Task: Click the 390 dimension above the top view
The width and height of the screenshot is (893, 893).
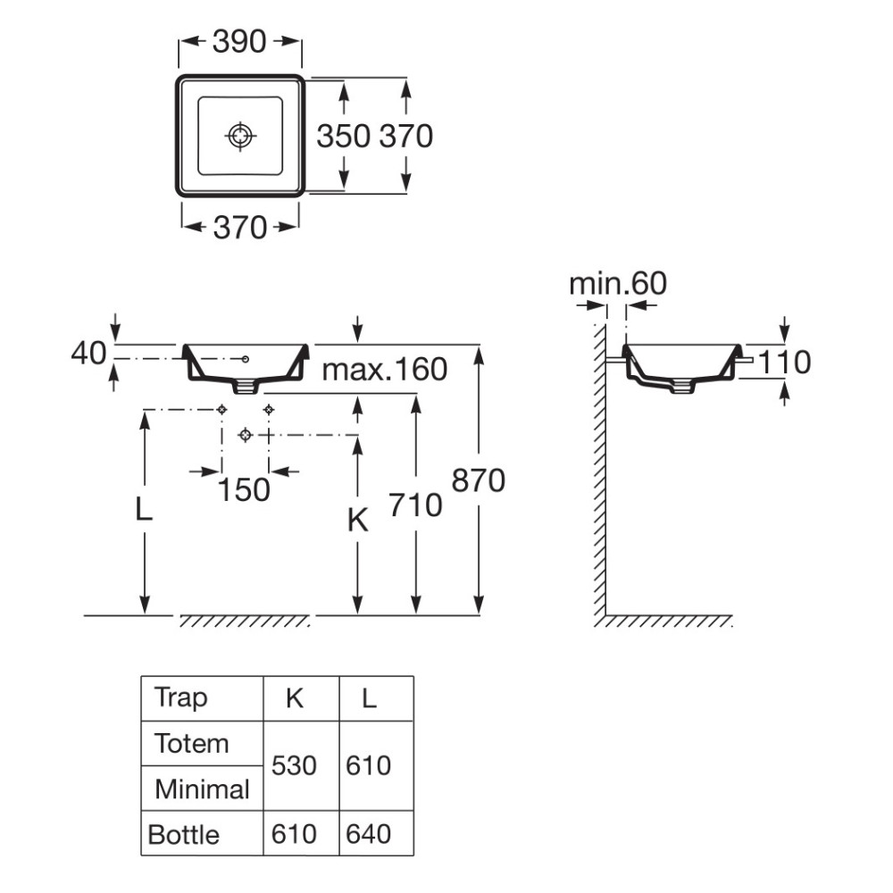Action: [x=239, y=42]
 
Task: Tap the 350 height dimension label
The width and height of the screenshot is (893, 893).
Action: [x=344, y=137]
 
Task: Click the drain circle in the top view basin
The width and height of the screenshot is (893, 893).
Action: [x=239, y=136]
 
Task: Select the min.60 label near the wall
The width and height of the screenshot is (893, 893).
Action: [x=618, y=283]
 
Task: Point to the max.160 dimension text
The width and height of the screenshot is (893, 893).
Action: [x=384, y=370]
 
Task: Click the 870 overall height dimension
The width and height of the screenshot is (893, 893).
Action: [x=479, y=480]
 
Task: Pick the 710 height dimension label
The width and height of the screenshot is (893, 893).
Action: [x=416, y=505]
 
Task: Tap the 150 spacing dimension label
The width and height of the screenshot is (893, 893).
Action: [x=245, y=489]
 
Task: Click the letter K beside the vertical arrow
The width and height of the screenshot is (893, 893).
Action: [x=358, y=521]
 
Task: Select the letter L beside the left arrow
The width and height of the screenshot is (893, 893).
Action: [x=144, y=509]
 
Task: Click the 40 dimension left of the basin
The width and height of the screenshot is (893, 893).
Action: [x=88, y=353]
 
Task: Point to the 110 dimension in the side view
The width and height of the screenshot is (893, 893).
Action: [x=785, y=363]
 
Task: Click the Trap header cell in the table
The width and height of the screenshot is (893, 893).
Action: [x=180, y=698]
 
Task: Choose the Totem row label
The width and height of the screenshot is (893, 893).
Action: [x=191, y=744]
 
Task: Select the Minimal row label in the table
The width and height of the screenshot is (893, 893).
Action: [x=202, y=789]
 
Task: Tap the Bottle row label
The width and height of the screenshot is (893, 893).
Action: [x=183, y=835]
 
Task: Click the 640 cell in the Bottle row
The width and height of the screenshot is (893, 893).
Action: [x=369, y=834]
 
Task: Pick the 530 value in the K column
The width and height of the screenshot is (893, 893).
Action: [x=294, y=766]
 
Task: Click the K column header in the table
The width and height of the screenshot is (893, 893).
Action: [x=295, y=698]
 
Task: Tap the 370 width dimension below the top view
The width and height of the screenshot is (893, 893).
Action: [x=239, y=228]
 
